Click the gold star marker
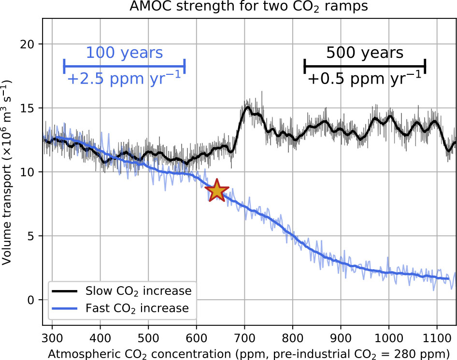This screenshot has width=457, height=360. click(x=217, y=191)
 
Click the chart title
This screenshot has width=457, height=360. click(x=249, y=6)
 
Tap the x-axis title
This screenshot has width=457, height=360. click(x=249, y=354)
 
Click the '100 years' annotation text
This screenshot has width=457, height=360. click(x=125, y=53)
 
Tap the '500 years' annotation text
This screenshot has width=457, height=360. click(x=365, y=53)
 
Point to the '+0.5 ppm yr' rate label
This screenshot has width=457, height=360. click(x=365, y=78)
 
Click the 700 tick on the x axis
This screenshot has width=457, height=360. click(x=244, y=338)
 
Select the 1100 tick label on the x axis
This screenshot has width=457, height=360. click(x=437, y=338)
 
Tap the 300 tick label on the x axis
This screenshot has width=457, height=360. click(x=52, y=338)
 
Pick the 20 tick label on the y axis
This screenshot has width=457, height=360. click(x=27, y=44)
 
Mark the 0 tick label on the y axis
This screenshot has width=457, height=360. click(x=31, y=300)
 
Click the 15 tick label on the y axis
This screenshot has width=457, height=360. click(x=27, y=108)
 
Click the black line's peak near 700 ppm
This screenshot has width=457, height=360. click(x=248, y=107)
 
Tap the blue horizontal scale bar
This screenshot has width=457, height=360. click(x=125, y=66)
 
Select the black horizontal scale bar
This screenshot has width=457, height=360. click(x=365, y=66)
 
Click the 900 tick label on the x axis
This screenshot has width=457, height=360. click(x=341, y=338)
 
